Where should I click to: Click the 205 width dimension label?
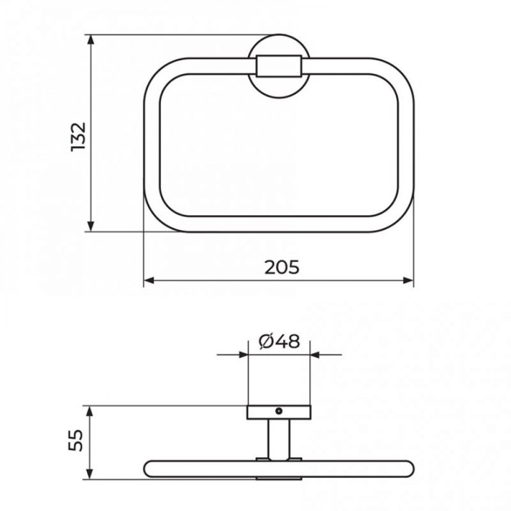coord(282,268)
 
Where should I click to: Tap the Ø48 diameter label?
coord(279,341)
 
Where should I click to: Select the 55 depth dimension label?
coord(76,440)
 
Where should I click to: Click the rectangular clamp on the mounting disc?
coord(279,66)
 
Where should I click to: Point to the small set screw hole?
coord(278,411)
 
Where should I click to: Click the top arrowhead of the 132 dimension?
coord(91,40)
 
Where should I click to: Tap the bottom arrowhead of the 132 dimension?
coord(91,225)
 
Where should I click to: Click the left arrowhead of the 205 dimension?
coord(149,280)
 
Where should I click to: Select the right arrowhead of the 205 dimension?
coord(408,280)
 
